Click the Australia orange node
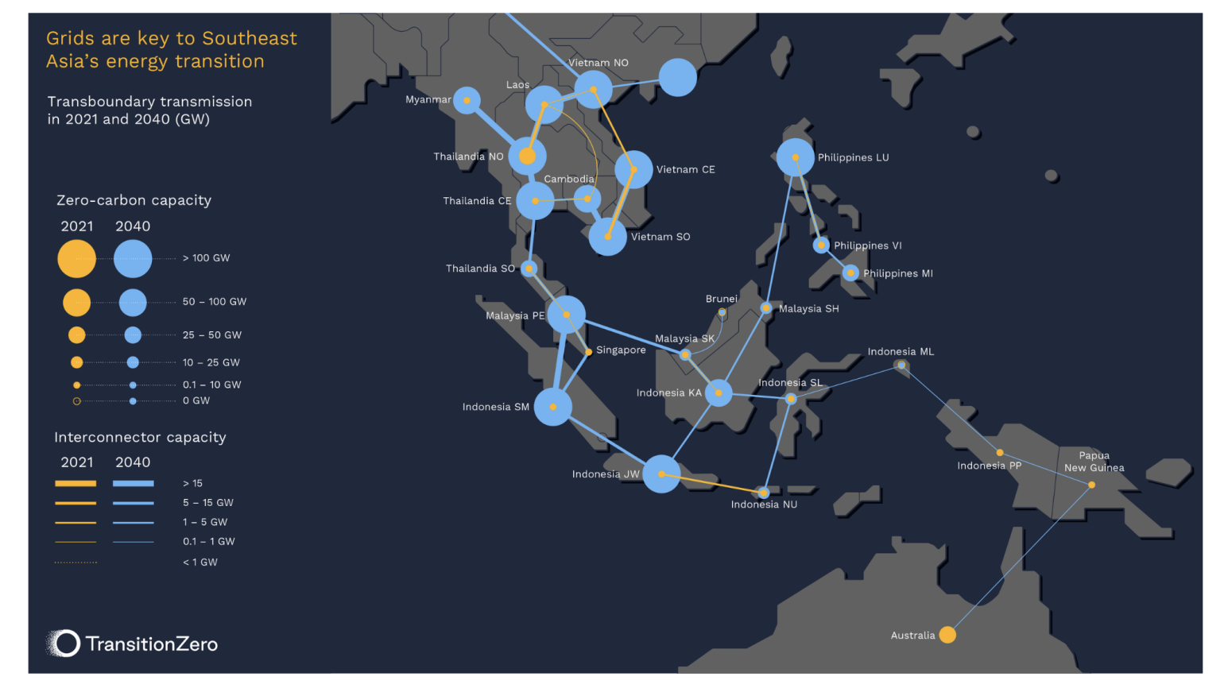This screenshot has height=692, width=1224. (947, 635)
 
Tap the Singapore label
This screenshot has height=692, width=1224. (621, 350)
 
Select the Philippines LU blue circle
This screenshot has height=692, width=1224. (795, 157)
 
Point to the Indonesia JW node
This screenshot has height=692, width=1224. (661, 474)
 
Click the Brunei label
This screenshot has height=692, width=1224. (721, 300)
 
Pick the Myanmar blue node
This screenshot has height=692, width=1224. (467, 100)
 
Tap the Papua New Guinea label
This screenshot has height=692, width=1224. (1094, 462)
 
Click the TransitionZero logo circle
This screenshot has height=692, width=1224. (66, 644)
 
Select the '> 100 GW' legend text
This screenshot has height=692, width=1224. (207, 258)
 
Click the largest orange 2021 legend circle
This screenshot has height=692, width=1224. (76, 259)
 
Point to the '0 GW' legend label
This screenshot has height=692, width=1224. (196, 401)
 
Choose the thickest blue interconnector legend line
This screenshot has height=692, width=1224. (133, 483)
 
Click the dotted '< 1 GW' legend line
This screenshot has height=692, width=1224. (76, 562)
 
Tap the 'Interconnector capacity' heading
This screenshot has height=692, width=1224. (140, 438)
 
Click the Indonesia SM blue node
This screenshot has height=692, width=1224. (552, 407)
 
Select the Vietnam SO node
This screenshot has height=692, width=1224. (608, 237)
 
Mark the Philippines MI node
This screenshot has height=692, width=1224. (850, 273)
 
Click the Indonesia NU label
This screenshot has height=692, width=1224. (764, 505)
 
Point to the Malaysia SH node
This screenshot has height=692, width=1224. (766, 308)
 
